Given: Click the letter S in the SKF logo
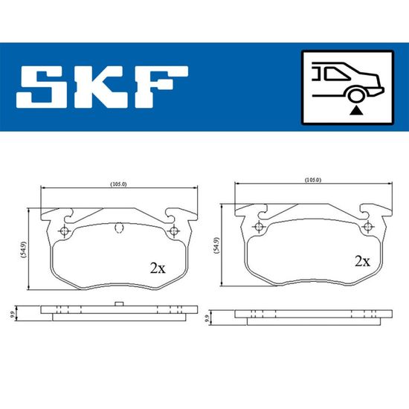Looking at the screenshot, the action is click(38, 86).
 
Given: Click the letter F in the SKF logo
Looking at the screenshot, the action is click(161, 86).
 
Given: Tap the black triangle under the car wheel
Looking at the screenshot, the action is click(356, 111).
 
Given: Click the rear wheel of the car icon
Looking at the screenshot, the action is click(356, 95).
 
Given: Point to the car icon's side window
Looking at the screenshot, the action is click(336, 74).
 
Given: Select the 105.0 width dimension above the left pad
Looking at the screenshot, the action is click(119, 184).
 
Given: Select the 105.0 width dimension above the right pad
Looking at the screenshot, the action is click(313, 180).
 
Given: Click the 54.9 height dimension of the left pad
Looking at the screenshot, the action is click(24, 250).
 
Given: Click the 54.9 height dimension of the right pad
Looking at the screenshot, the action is click(216, 245).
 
